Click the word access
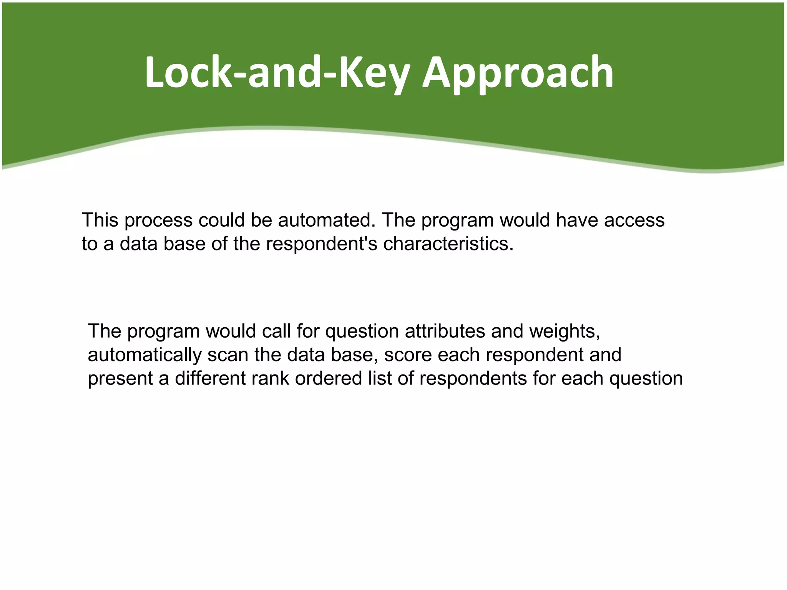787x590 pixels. click(x=634, y=220)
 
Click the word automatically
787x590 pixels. click(x=144, y=355)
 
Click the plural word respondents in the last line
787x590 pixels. click(x=473, y=379)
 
